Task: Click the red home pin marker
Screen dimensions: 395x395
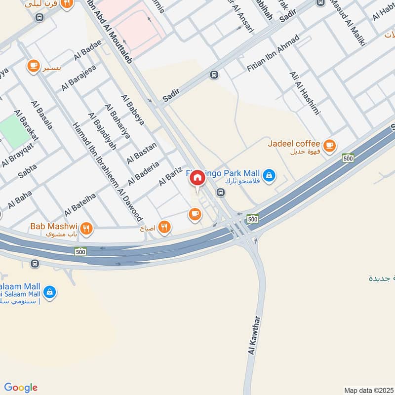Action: (x=197, y=178)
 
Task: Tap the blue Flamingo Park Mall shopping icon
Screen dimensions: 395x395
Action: (x=269, y=175)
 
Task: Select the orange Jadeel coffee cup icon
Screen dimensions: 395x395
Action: (x=330, y=146)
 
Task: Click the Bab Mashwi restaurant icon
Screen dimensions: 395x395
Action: (x=86, y=228)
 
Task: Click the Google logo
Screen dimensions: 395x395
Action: (x=20, y=387)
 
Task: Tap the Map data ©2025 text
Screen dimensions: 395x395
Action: (x=368, y=390)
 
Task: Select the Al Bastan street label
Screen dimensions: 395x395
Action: (x=141, y=153)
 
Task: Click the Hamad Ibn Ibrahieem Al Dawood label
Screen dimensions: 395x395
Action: (x=108, y=171)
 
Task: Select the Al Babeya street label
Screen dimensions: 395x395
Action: (x=135, y=112)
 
